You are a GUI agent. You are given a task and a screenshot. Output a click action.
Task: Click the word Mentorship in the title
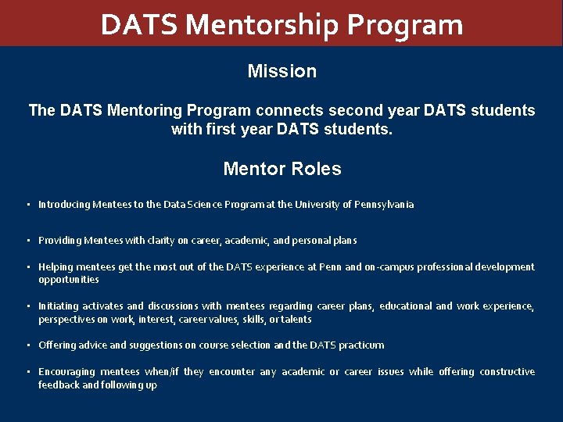[263, 25]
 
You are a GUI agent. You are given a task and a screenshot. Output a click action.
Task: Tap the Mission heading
[281, 71]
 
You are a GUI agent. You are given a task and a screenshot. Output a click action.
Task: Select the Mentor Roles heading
[281, 169]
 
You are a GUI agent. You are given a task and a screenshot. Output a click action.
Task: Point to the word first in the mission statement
[224, 128]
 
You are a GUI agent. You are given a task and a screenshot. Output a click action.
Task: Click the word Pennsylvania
[384, 205]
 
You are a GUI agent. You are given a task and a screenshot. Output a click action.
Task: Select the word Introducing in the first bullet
[63, 205]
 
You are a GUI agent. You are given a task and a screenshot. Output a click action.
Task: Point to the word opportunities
[69, 280]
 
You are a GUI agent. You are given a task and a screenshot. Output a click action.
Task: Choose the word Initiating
[58, 306]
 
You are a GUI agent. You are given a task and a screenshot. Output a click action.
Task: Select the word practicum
[360, 345]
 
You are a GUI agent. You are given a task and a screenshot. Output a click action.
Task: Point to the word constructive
[507, 372]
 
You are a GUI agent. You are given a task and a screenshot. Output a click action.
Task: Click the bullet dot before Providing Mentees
[28, 241]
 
